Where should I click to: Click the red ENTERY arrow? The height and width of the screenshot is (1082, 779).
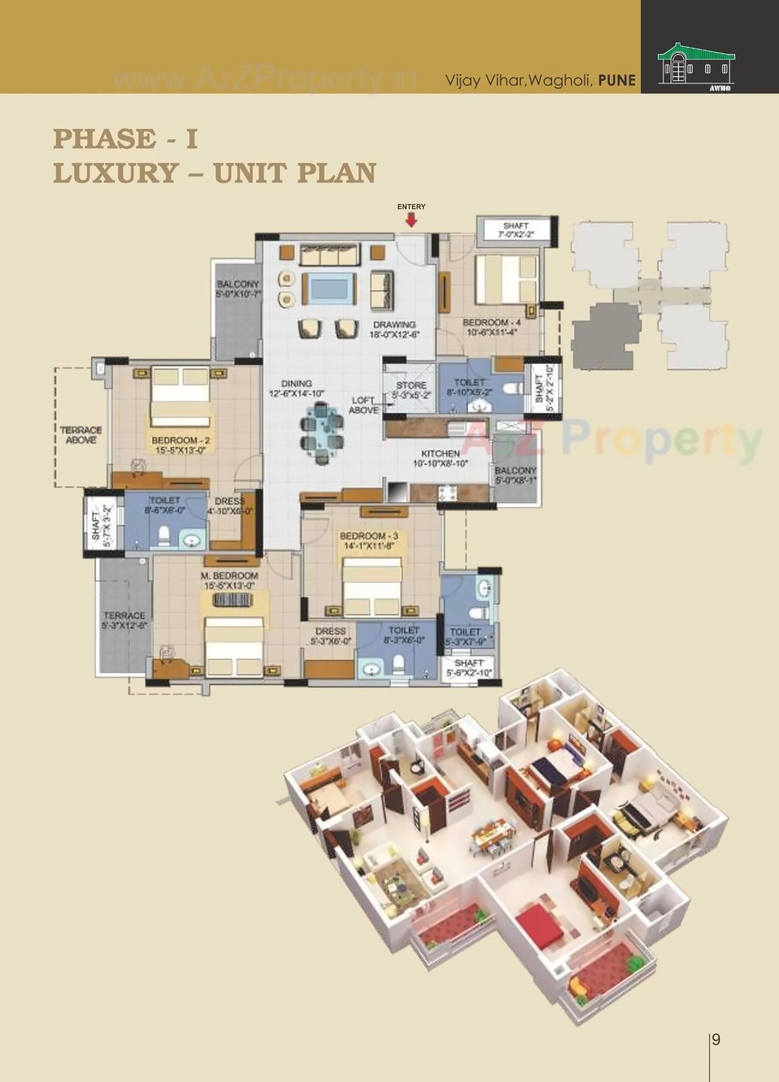click(411, 220)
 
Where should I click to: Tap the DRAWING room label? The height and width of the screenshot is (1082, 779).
click(394, 329)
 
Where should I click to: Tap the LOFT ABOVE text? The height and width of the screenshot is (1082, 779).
click(364, 405)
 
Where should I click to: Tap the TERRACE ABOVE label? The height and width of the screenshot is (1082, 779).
click(81, 435)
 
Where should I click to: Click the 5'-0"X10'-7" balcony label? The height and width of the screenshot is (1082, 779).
click(238, 288)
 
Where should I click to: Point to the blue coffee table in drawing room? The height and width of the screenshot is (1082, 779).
click(329, 288)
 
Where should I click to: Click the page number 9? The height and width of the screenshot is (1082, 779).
click(716, 1039)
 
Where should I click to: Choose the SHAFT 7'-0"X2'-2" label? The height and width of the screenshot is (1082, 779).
click(515, 229)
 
